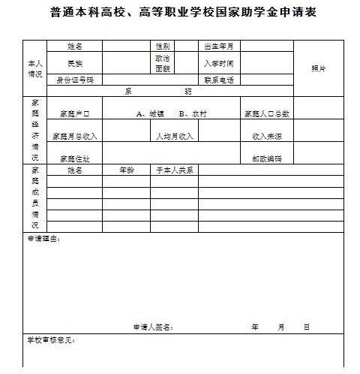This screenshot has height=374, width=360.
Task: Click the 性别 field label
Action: point(161,47)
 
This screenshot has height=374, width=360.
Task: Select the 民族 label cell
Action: point(74,63)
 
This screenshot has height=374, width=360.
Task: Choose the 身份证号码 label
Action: point(74,80)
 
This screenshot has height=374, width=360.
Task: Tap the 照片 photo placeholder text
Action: point(318,68)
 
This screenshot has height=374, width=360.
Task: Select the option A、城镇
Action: point(150,114)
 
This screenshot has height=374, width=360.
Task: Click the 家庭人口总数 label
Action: point(266,114)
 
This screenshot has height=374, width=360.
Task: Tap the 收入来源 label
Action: point(266,137)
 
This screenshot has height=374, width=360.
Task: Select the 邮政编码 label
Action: point(266,158)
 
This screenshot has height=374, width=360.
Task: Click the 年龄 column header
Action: point(127,170)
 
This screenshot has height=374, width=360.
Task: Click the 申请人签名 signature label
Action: point(153,327)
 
